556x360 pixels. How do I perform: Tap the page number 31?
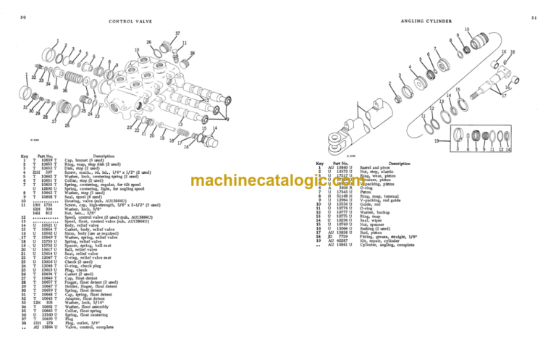pyautogui.click(x=534, y=15)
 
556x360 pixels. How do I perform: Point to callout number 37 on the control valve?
pyautogui.click(x=177, y=34)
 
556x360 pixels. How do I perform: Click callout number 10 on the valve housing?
pyautogui.click(x=137, y=50)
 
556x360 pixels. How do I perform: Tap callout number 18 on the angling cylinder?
pyautogui.click(x=513, y=52)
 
